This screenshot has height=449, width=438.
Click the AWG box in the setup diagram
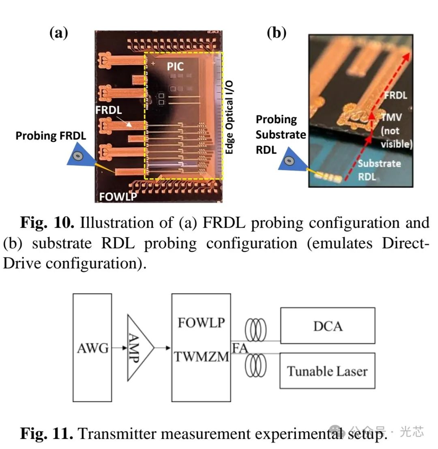click(92, 348)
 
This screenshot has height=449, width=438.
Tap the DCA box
click(327, 325)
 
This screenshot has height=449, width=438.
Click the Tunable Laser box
click(327, 371)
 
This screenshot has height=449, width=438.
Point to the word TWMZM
click(202, 357)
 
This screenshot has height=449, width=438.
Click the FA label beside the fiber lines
click(240, 348)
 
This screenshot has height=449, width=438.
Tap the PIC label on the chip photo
click(175, 66)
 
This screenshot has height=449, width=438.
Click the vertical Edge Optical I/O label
click(229, 117)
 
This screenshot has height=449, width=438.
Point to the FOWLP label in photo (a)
click(118, 197)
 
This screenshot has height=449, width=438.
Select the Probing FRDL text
click(51, 136)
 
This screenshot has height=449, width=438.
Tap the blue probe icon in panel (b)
click(290, 161)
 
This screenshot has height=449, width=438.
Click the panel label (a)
click(58, 33)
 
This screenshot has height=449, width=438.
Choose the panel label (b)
click(277, 33)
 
